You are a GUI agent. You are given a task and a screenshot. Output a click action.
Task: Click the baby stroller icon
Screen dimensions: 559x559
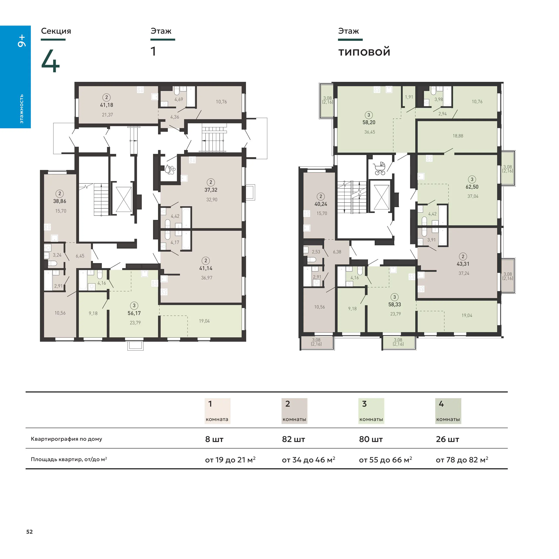click(x=380, y=169)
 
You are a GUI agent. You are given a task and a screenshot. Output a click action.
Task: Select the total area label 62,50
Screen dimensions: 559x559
click(x=472, y=187)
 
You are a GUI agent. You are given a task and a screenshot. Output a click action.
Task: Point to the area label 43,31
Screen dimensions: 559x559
click(x=463, y=264)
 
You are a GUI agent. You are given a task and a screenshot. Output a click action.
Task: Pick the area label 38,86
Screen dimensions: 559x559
click(x=60, y=201)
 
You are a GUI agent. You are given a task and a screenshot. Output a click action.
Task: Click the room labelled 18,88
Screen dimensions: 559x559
click(x=458, y=136)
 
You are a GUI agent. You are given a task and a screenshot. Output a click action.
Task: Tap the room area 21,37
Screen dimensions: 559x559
click(x=107, y=115)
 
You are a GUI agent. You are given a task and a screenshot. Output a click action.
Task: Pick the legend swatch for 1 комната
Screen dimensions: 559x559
click(x=217, y=411)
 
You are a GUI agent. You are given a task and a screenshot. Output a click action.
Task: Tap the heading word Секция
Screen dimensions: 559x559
click(x=56, y=31)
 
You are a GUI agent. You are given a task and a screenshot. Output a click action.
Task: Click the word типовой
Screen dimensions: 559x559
click(x=364, y=52)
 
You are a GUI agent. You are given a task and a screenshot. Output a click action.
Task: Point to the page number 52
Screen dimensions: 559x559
click(x=30, y=531)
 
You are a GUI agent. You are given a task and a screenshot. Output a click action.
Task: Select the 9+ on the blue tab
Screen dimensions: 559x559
click(x=22, y=41)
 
